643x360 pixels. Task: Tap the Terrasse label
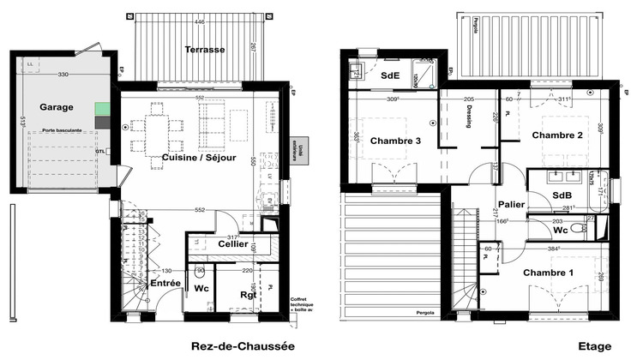point(205,50)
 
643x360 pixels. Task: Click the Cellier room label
point(233,244)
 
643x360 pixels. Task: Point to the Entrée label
point(165,282)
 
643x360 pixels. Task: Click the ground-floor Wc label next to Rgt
point(203,289)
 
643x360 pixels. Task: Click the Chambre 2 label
point(556,135)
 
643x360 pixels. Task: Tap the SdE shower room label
point(389,75)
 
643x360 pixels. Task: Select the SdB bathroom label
point(539,196)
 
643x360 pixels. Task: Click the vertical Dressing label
point(469,121)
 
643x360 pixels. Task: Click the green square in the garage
point(102,109)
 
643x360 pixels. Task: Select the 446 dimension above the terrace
point(198,21)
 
